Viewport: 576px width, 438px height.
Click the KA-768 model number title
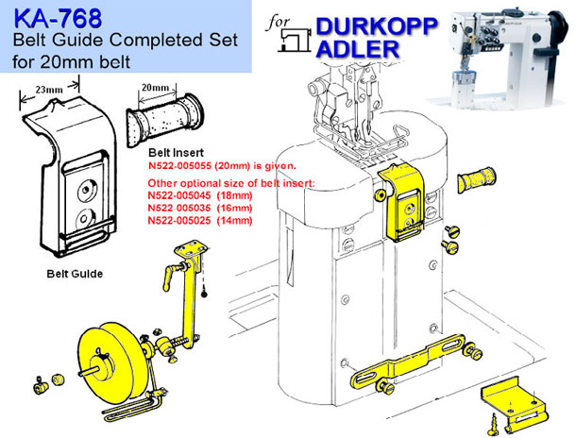click(x=58, y=19)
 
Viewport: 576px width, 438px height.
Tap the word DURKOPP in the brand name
click(x=377, y=26)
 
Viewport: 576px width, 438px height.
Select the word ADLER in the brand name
click(x=358, y=49)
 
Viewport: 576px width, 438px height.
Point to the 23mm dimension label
click(x=49, y=90)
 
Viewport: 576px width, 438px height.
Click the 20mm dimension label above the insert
click(x=156, y=88)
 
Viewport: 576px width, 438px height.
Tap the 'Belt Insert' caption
click(x=176, y=152)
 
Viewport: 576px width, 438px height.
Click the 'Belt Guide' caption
click(x=75, y=274)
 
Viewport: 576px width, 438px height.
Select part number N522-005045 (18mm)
click(x=200, y=195)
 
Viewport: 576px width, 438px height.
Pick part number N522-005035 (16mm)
click(x=200, y=208)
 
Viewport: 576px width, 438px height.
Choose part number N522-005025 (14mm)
click(x=200, y=220)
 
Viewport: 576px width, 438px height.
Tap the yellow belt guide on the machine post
click(x=401, y=203)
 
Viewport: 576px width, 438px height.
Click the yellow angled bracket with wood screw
click(x=515, y=403)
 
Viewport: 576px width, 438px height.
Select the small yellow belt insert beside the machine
click(x=477, y=179)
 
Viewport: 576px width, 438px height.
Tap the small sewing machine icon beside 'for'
click(x=294, y=40)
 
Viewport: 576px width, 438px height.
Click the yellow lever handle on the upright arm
click(x=171, y=277)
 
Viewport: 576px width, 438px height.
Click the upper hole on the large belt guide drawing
click(x=86, y=190)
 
